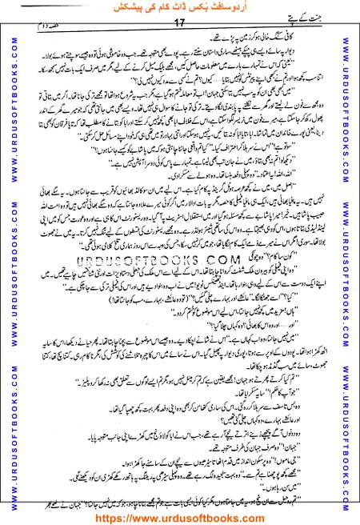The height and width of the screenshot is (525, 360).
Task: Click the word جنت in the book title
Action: click(x=337, y=29)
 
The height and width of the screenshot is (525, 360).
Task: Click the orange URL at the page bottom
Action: click(x=180, y=515)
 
